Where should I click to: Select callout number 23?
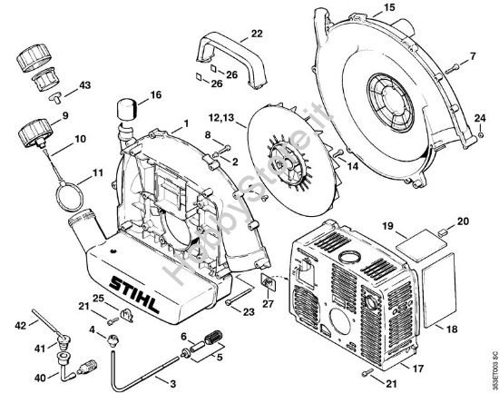(248, 312)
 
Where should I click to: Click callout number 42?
(20, 323)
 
